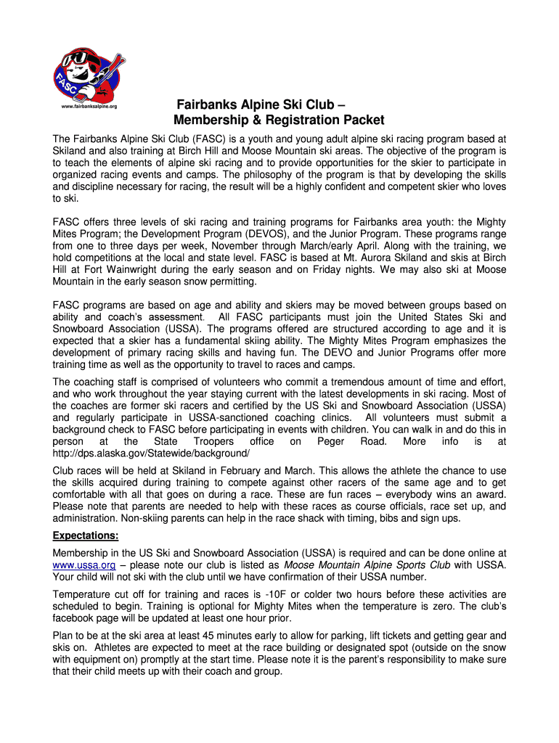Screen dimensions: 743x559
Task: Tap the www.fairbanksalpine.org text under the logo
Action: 89,107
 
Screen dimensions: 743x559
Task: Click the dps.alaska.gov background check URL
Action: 151,453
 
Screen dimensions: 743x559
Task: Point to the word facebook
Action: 77,618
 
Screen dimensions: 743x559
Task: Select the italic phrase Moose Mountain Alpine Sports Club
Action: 367,565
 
